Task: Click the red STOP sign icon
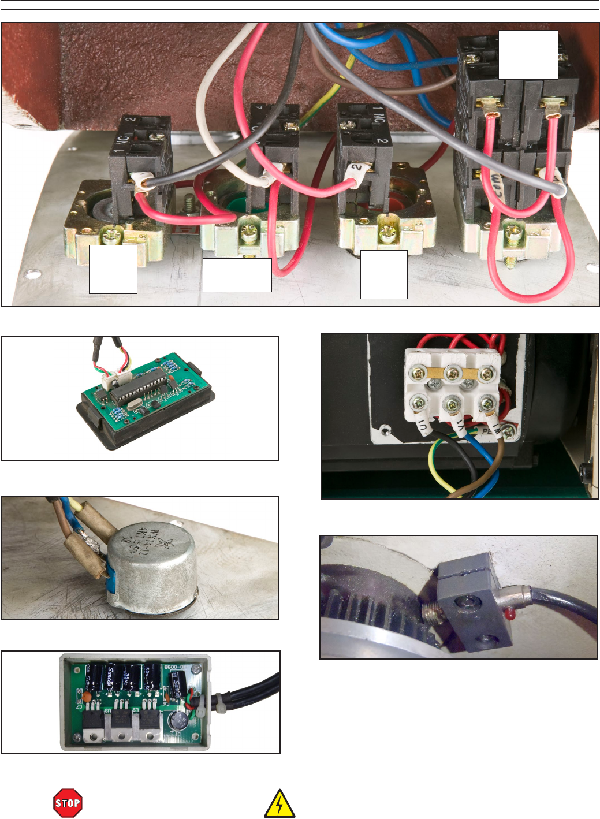click(68, 803)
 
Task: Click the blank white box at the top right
click(528, 54)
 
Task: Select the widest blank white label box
click(237, 275)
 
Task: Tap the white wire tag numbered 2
click(356, 169)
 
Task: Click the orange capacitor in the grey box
click(85, 697)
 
